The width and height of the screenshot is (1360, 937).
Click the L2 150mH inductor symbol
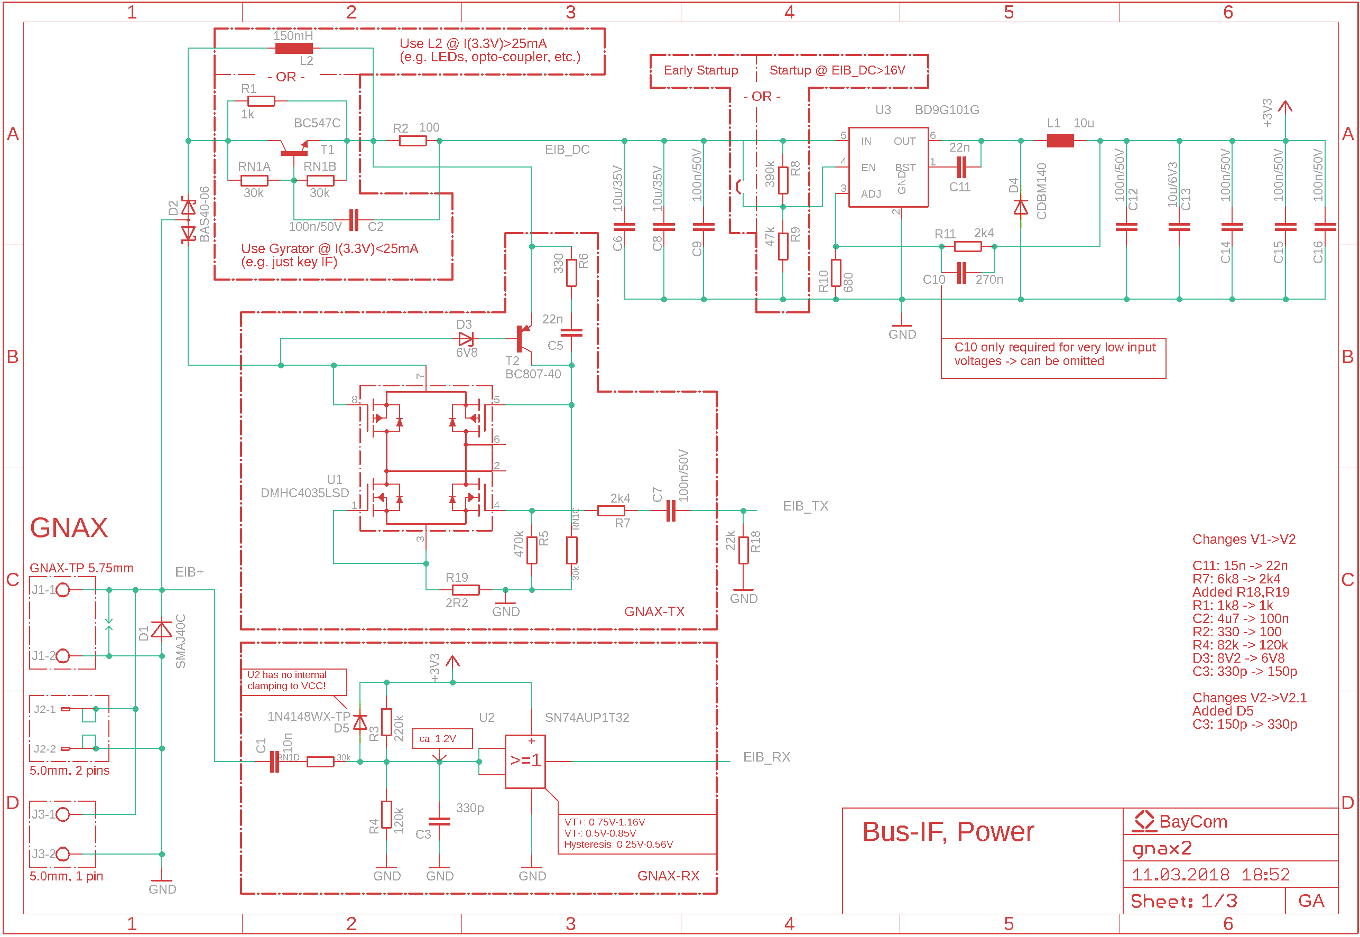pos(293,48)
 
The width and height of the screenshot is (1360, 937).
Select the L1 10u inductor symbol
pos(1060,141)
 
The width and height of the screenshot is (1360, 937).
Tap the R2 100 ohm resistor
pos(413,141)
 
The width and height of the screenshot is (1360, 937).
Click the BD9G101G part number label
pos(947,110)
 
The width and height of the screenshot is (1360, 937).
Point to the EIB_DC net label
pos(567,150)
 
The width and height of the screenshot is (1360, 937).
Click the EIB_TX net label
pos(805,506)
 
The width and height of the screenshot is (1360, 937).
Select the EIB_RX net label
pos(766,757)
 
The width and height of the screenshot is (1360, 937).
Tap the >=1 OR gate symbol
pos(525,762)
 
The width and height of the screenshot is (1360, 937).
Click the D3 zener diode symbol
pos(466,339)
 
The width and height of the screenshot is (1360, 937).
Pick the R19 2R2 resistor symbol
pos(466,590)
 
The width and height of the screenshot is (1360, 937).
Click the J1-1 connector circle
pos(63,590)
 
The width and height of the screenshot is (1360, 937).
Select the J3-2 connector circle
pos(63,854)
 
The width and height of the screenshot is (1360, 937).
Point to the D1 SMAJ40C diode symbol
pos(162,630)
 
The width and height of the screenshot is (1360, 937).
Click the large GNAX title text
pos(69,528)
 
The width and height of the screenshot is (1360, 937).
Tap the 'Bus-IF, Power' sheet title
pos(948,832)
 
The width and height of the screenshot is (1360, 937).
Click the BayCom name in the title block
pos(1192,822)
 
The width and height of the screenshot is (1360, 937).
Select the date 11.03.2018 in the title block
pos(1180,875)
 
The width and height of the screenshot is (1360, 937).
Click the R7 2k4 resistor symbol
pos(610,511)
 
